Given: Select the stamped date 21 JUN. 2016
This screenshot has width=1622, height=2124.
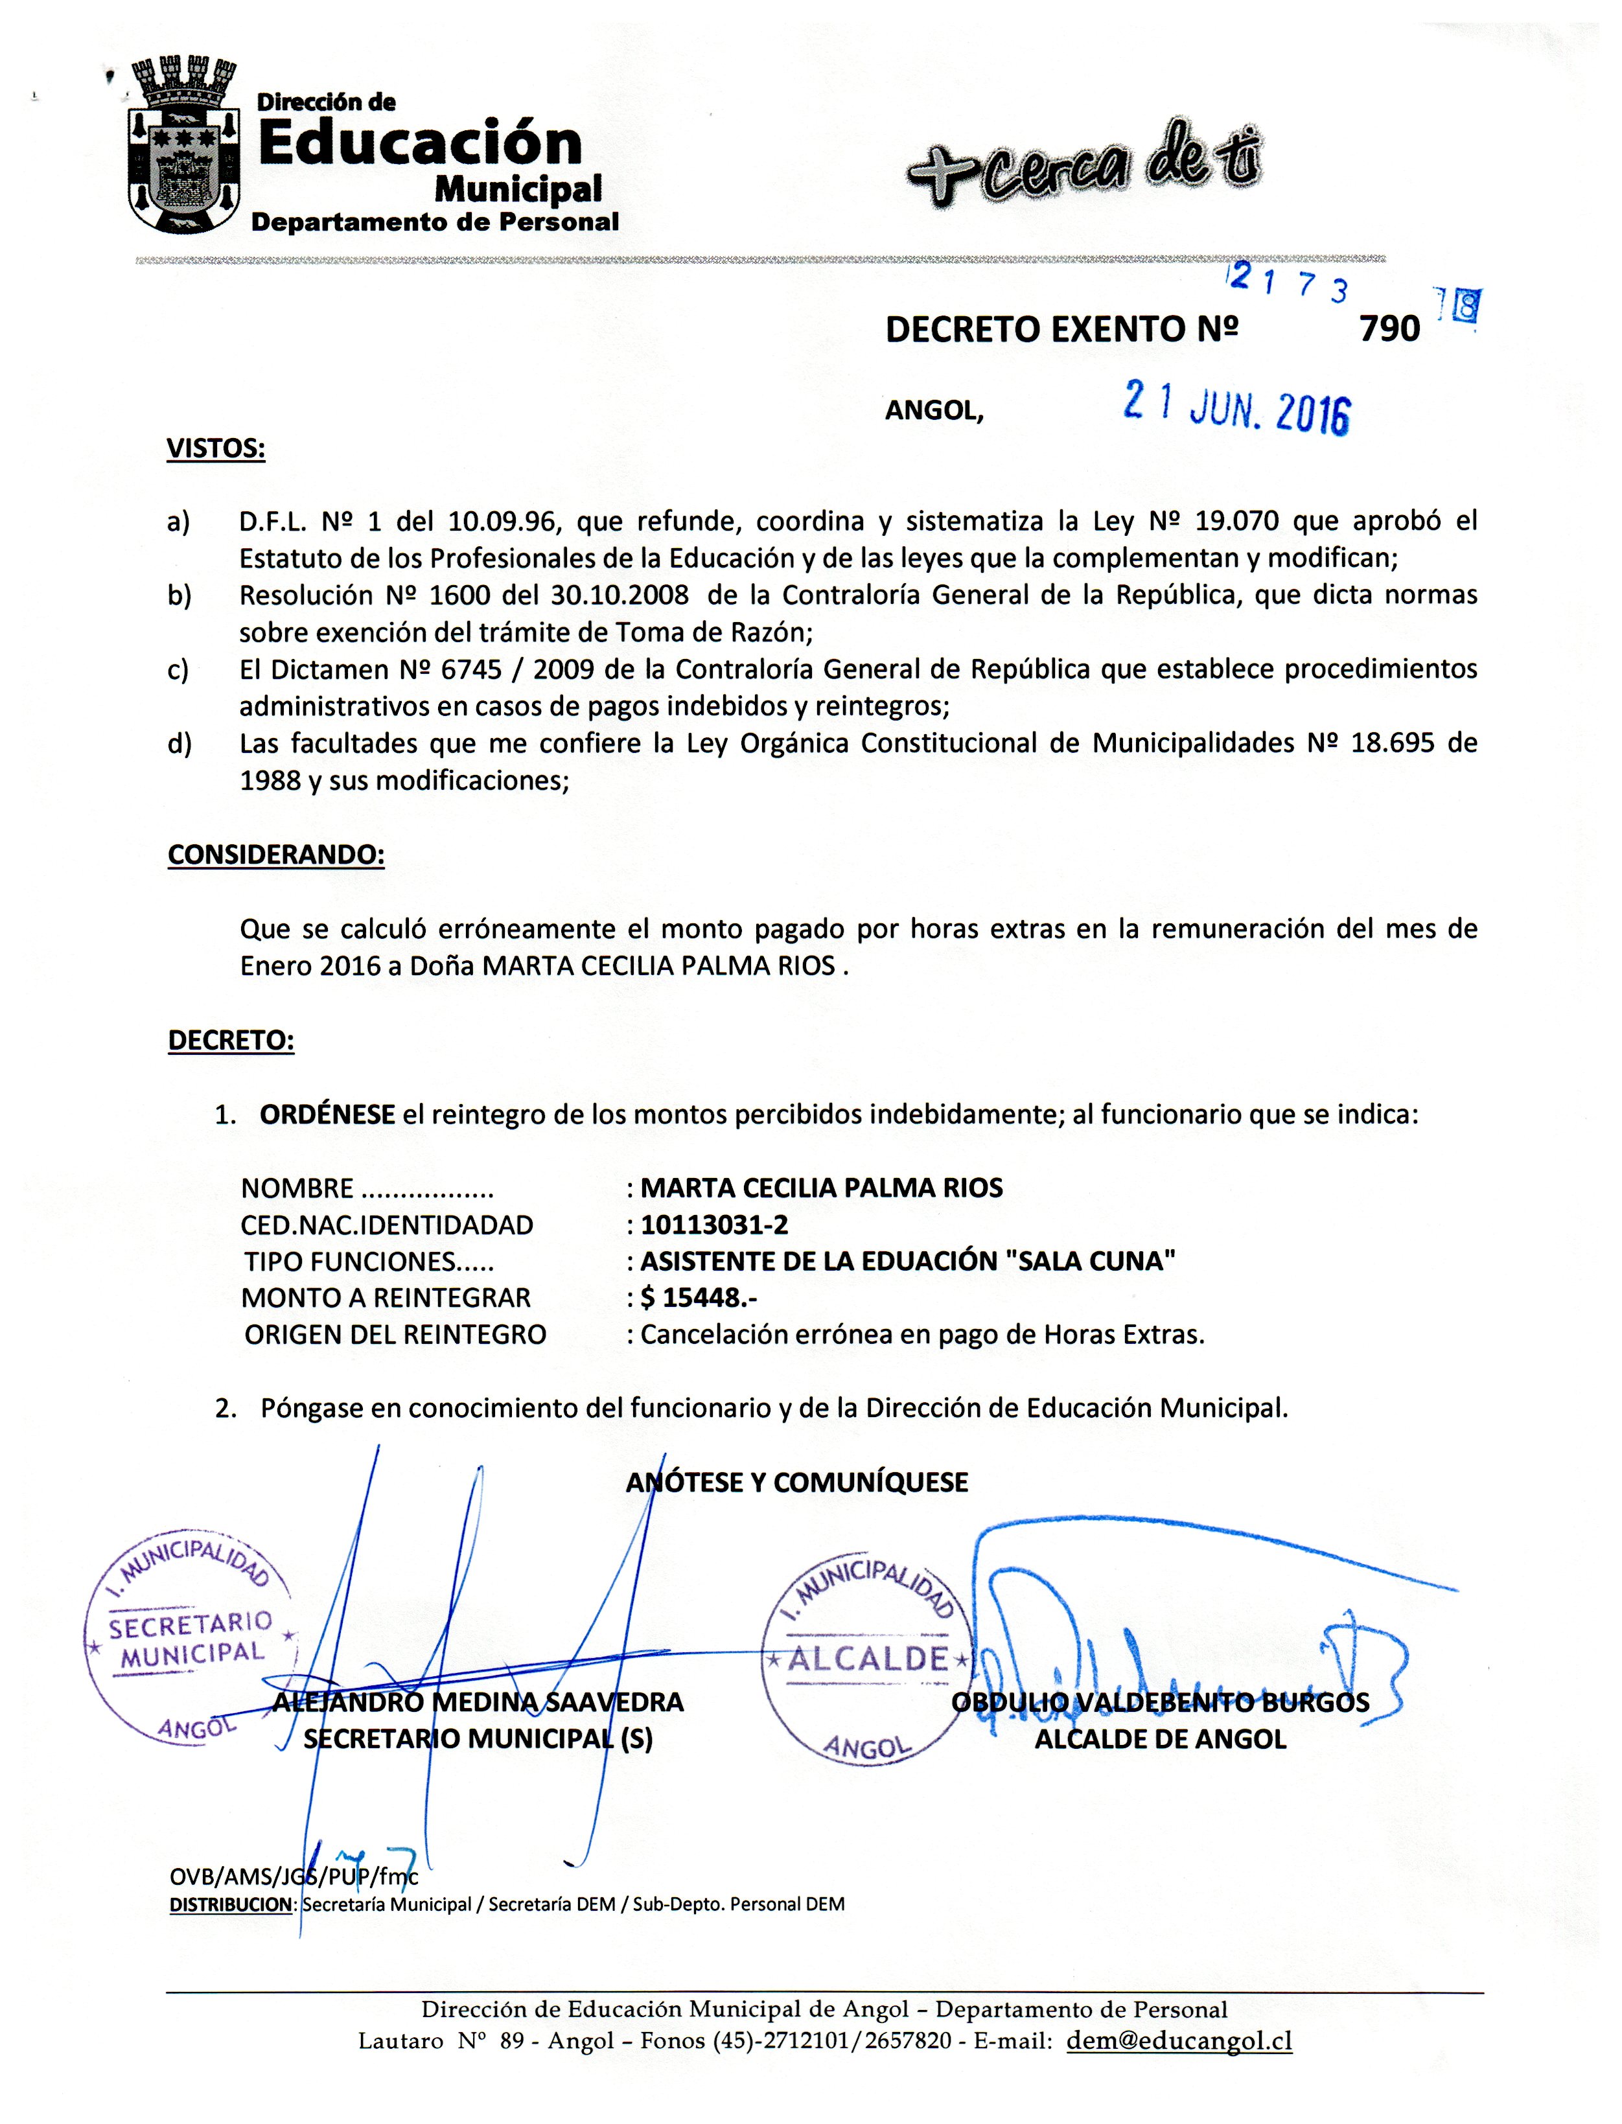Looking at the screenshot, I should tap(1236, 410).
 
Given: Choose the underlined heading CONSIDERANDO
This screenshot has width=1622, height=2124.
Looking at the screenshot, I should tap(276, 855).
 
